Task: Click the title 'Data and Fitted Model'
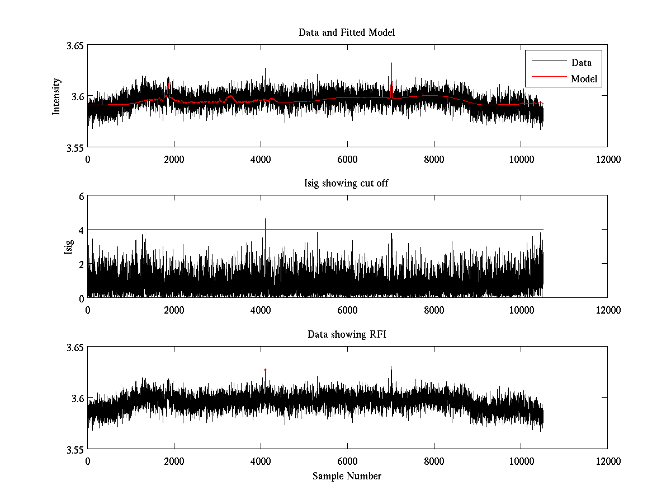point(347,32)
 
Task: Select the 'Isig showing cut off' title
point(347,184)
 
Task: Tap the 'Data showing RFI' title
point(347,334)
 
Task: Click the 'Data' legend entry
point(581,63)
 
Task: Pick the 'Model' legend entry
point(584,79)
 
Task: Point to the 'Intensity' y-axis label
point(56,96)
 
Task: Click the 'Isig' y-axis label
point(68,247)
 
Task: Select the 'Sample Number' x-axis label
point(347,476)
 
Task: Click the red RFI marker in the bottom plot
point(265,370)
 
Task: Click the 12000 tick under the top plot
point(607,159)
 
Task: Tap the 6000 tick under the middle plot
point(347,310)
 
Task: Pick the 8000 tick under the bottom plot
point(434,461)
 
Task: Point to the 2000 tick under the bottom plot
point(174,461)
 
